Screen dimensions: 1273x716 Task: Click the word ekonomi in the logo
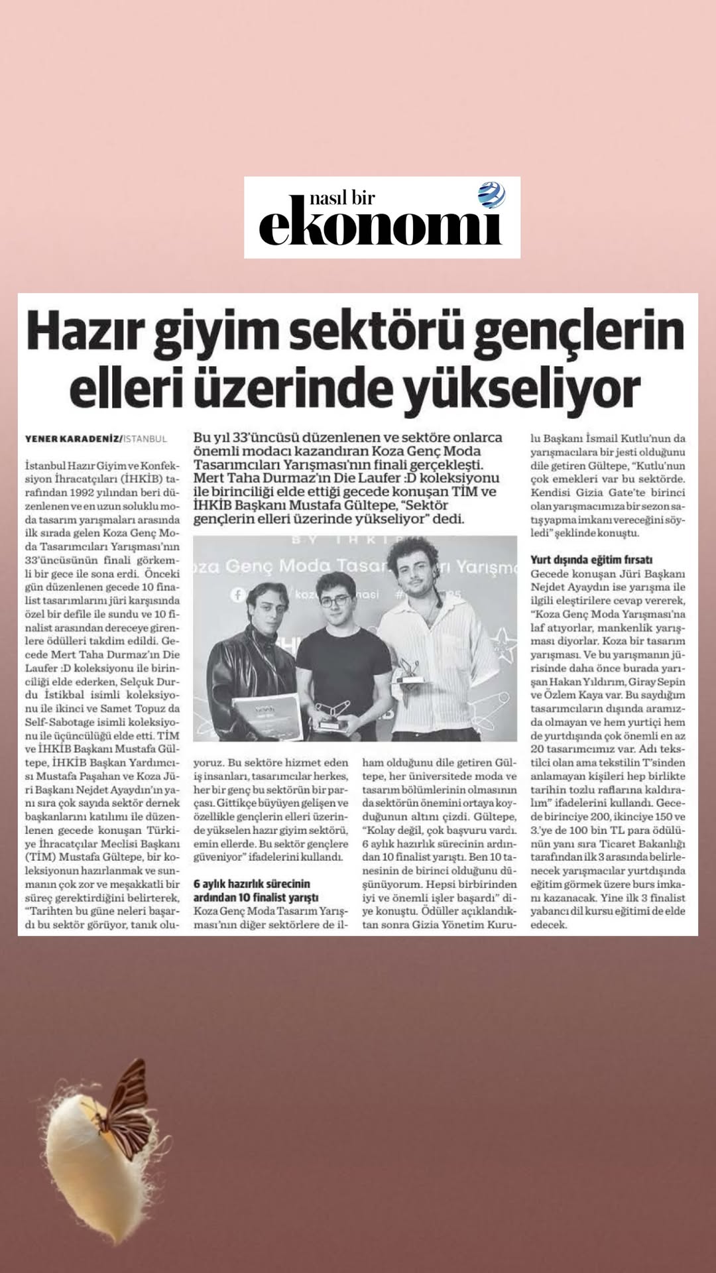point(380,227)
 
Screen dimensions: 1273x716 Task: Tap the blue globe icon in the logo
point(491,195)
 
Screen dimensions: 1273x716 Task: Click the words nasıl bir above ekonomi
point(342,198)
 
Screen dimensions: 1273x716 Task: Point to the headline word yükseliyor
point(522,390)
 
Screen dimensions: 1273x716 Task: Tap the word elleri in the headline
point(126,390)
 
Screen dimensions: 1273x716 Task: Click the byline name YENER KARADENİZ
point(73,439)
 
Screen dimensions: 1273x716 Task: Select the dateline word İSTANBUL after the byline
point(146,439)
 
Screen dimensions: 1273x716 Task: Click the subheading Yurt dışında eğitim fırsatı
point(591,560)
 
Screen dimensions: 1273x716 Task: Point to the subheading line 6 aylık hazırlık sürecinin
point(252,884)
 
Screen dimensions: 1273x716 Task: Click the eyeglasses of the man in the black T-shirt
point(335,601)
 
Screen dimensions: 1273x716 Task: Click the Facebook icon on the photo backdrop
point(238,595)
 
